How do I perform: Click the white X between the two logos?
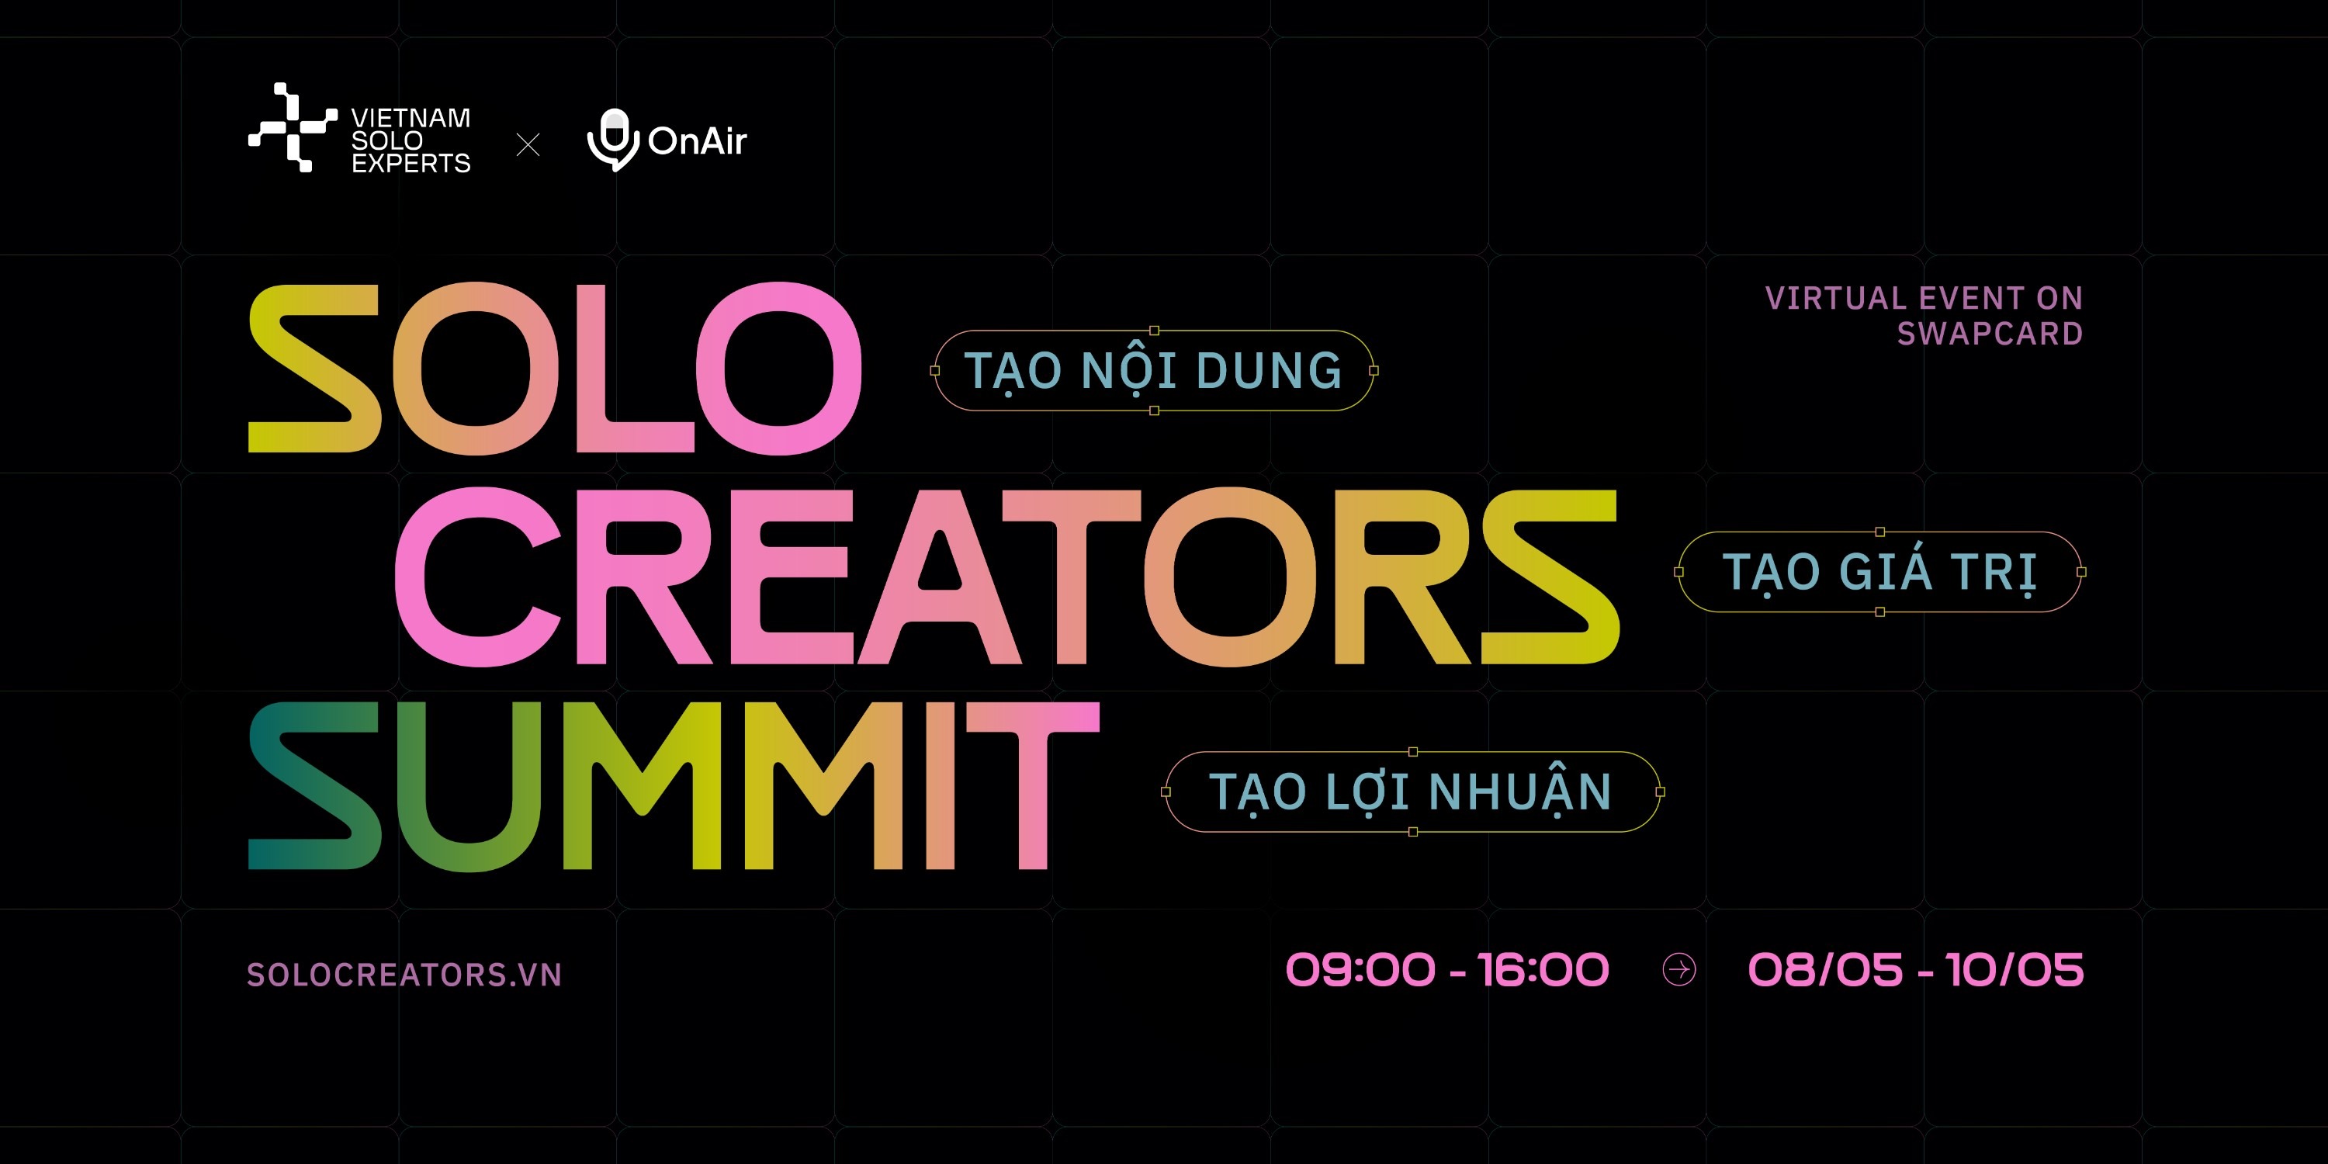click(x=528, y=144)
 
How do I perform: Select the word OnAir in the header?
click(x=698, y=141)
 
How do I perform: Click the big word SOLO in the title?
click(x=555, y=369)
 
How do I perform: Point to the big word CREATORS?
click(x=1006, y=577)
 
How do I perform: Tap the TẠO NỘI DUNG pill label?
click(x=1154, y=370)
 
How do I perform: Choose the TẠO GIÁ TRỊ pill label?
click(x=1879, y=572)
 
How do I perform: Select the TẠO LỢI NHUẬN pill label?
click(x=1412, y=792)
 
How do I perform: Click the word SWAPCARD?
click(x=1990, y=334)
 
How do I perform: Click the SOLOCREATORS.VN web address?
click(x=405, y=974)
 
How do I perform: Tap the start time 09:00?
click(x=1360, y=970)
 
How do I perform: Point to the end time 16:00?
click(x=1543, y=970)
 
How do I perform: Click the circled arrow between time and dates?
click(x=1679, y=970)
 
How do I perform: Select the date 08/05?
click(x=1825, y=970)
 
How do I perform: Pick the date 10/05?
click(x=2014, y=970)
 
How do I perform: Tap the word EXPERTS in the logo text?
click(x=411, y=164)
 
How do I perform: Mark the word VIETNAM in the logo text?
click(x=411, y=119)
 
